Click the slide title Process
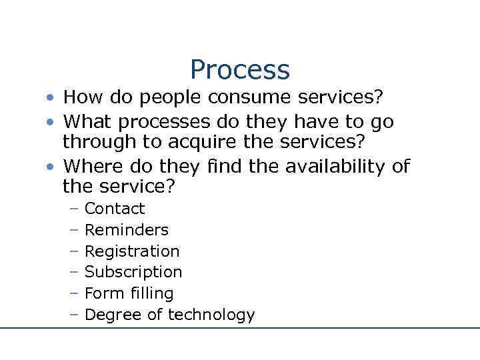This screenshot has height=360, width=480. [240, 69]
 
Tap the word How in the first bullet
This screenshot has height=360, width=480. [83, 97]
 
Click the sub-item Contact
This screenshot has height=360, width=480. [115, 209]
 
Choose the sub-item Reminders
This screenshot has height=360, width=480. [127, 230]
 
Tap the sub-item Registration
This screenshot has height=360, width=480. [132, 251]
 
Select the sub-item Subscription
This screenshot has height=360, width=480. [133, 272]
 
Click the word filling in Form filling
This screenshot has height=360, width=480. [149, 293]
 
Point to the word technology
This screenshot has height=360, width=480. [212, 315]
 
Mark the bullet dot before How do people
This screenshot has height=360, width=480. [51, 99]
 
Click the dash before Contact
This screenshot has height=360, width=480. [73, 209]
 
